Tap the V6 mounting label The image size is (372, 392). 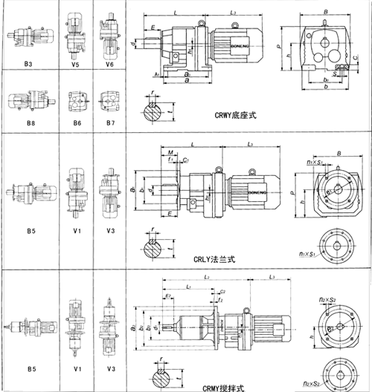[109, 65]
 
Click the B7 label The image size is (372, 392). [109, 122]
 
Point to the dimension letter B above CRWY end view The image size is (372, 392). [327, 12]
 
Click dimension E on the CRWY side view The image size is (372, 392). [153, 27]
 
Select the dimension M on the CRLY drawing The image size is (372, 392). [170, 154]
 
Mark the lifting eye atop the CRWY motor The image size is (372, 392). [233, 26]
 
